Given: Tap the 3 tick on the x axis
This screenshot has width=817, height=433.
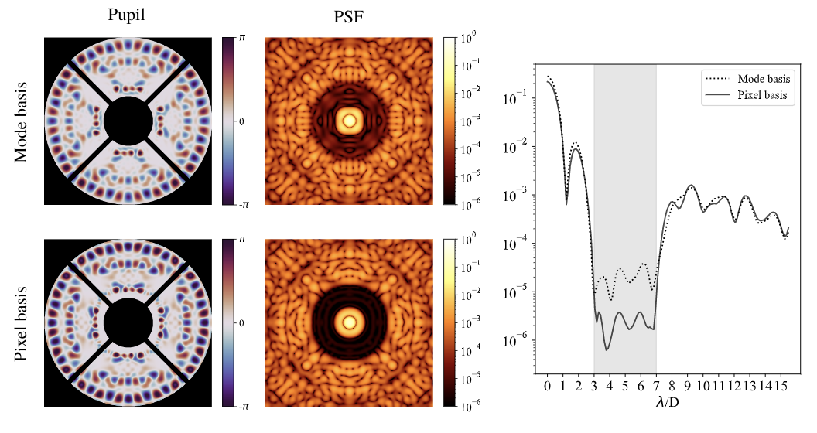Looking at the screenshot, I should click(x=594, y=385).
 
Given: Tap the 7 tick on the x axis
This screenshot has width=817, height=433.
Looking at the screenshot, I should click(x=656, y=385).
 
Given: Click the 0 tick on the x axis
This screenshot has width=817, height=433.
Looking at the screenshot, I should click(x=547, y=385).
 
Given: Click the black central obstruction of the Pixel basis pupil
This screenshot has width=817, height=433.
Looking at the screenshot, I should click(x=128, y=322).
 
